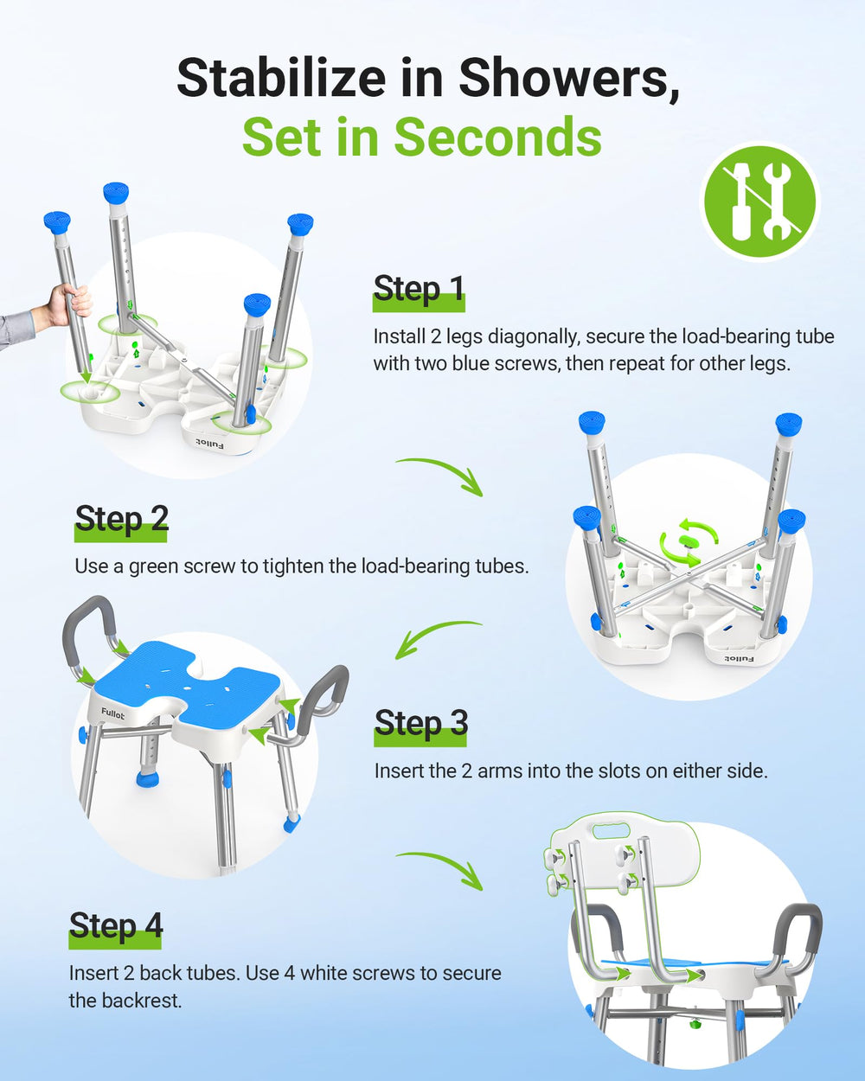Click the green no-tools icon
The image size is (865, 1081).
coord(759,201)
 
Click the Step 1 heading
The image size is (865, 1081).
coord(419,290)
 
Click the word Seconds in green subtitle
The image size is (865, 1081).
coord(497,138)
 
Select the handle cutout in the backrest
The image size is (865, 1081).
coord(610,831)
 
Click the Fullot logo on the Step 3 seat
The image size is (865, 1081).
coord(112,713)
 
